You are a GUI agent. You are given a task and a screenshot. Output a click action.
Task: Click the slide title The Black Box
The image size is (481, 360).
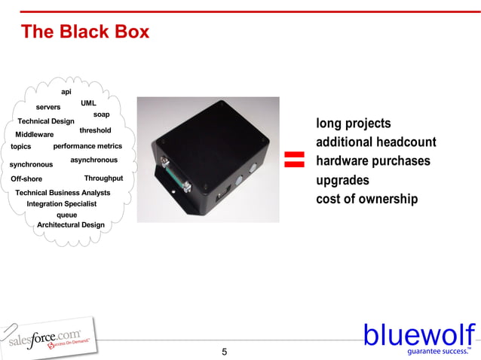point(85,32)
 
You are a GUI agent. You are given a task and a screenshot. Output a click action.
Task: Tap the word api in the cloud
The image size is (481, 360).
point(66,92)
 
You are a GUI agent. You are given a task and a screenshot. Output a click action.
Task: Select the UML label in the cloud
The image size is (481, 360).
point(88,102)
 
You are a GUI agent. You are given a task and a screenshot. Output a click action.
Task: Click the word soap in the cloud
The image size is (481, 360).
point(102,114)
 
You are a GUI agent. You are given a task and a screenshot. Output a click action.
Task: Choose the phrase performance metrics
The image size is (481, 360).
point(87,146)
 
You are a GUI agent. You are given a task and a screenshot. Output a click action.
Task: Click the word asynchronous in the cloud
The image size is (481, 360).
point(93,160)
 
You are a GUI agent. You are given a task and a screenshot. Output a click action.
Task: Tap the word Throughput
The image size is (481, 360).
point(103,178)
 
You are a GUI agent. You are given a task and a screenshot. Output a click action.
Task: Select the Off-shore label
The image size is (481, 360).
point(26,179)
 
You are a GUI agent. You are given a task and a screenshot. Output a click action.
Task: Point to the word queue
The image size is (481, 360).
point(67,215)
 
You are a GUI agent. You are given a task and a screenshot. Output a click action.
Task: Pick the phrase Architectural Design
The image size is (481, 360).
point(71,224)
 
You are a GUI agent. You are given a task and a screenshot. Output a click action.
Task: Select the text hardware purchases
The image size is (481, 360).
point(373,161)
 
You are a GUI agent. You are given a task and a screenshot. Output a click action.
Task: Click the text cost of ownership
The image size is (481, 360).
point(366,199)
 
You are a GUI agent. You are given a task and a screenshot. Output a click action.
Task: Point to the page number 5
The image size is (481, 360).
point(224,352)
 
